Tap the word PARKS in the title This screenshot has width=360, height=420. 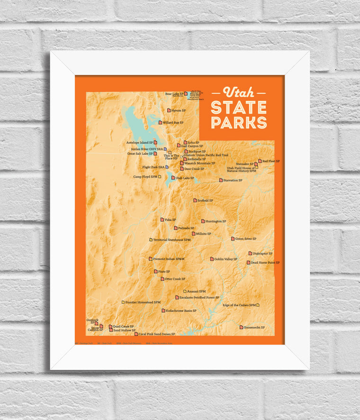pos(239,122)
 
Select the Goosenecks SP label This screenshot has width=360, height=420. pos(254,328)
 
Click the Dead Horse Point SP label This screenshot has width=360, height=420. pos(265,262)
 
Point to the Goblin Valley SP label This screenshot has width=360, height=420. pos(225,259)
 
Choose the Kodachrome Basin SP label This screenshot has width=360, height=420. pos(181,311)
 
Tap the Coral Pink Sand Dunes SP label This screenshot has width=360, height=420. pos(157,334)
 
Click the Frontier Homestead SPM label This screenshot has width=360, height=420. pos(143,302)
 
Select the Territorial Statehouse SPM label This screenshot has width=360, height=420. pos(172,240)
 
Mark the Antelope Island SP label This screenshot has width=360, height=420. pos(139,142)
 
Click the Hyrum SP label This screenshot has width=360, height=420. pos(178,110)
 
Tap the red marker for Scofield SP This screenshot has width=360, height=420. pos(195,200)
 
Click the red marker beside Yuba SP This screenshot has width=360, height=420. pos(162,220)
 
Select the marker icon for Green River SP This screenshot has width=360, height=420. pos(233,239)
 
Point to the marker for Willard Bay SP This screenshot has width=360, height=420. pos(160,123)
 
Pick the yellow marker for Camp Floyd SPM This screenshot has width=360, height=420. pos(160,177)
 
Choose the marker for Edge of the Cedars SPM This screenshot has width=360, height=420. pos(258,305)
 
